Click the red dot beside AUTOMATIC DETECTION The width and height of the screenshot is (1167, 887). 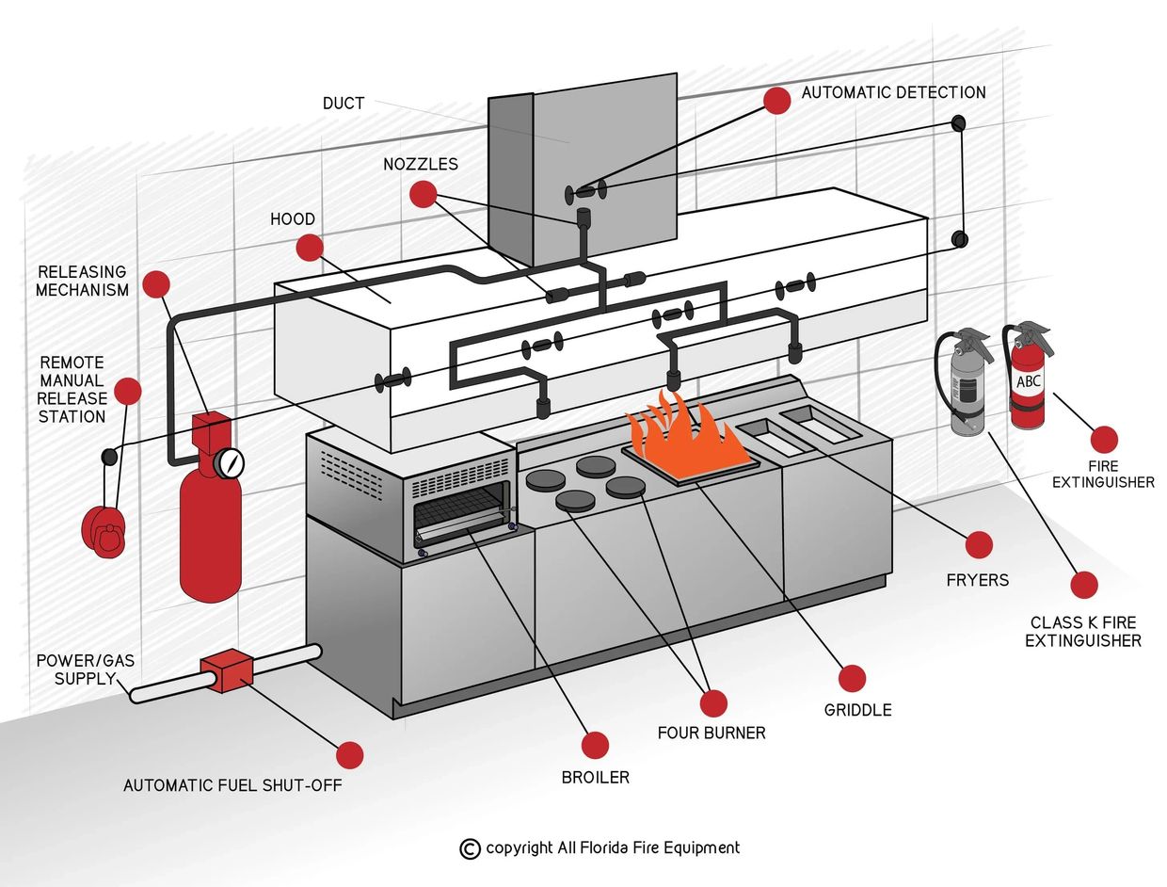pos(776,101)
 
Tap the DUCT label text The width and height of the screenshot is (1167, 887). pos(344,104)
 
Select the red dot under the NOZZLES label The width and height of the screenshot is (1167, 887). pos(424,194)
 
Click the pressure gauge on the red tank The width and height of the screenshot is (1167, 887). pos(229,462)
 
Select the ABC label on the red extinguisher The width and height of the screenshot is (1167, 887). pos(1028,382)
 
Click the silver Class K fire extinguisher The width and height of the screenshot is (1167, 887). pos(967,386)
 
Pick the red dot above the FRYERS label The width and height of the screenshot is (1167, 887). pos(979,544)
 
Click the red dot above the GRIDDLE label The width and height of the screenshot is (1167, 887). pos(852,678)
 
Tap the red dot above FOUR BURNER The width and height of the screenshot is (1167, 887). pos(713,702)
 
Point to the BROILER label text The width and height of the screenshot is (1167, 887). pos(595,778)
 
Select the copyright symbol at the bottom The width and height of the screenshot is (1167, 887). pos(470,848)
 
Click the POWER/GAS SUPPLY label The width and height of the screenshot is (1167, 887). pos(86,669)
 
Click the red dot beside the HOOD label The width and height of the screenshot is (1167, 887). pos(309,248)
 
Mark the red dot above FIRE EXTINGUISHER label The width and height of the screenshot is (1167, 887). pos(1104,439)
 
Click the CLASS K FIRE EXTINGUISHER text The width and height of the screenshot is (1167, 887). pos(1082,632)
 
